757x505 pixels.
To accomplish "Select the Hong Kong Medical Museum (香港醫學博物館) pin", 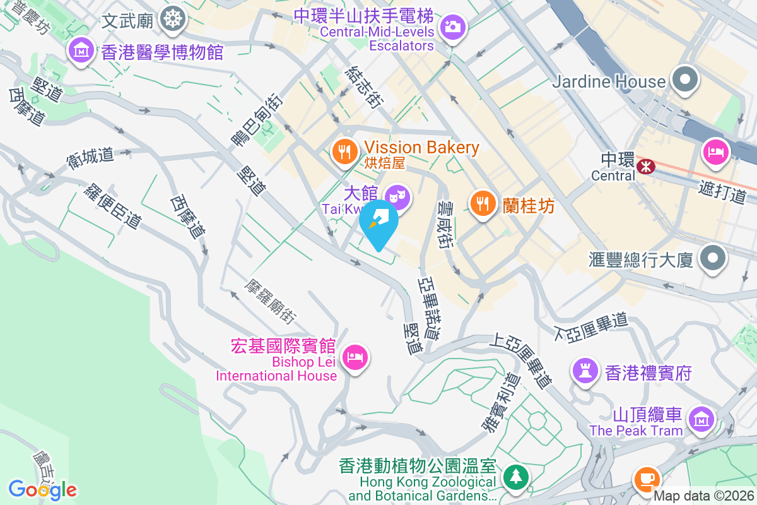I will (x=83, y=49).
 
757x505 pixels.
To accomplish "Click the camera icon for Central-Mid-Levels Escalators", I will (x=452, y=27).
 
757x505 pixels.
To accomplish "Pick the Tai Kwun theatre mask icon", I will (x=397, y=196).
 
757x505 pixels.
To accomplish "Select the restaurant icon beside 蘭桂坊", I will (x=483, y=203).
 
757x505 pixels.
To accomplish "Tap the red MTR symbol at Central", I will (x=645, y=167).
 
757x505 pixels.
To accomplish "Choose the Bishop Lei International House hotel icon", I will (x=355, y=358).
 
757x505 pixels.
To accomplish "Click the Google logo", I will (x=43, y=489).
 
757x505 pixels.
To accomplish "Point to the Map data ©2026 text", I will (x=703, y=496).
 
